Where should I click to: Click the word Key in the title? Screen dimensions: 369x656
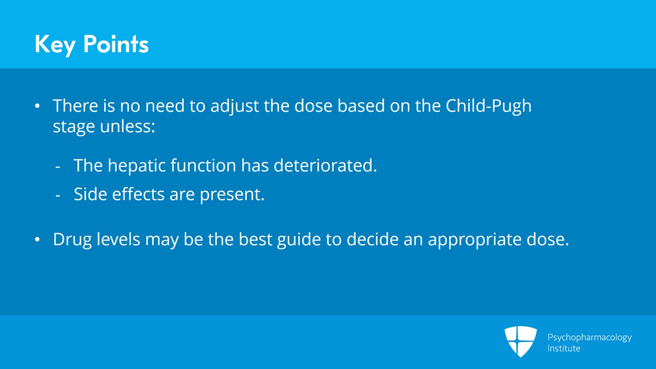(x=55, y=44)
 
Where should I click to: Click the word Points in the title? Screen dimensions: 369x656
(x=116, y=44)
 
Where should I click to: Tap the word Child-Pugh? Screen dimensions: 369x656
(x=488, y=106)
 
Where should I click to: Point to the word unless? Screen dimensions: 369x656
(x=128, y=126)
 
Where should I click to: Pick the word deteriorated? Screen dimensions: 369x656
(x=325, y=166)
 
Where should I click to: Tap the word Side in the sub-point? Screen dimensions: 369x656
(x=90, y=194)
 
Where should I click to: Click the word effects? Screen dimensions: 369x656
(x=138, y=194)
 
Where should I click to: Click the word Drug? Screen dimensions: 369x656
(x=72, y=240)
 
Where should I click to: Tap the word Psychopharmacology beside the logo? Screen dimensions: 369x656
(x=589, y=337)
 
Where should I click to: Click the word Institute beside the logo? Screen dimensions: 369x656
(x=564, y=348)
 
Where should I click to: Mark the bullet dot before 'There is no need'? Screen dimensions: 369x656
(x=37, y=106)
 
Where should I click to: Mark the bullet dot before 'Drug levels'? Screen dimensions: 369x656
(x=37, y=240)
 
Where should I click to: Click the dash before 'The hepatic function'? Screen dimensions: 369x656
(x=58, y=167)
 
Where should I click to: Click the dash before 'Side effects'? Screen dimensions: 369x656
(x=58, y=196)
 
